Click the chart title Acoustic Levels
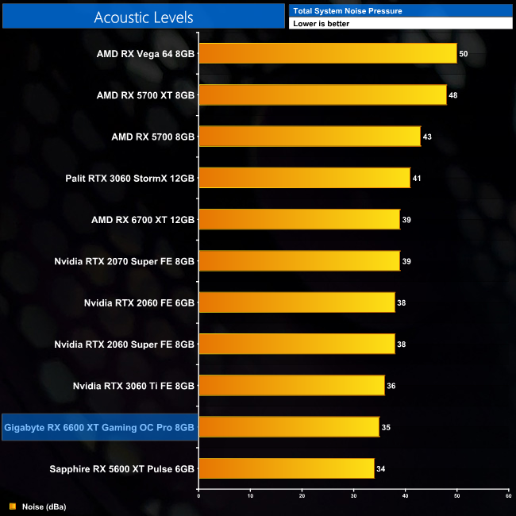144,17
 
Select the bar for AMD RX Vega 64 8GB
327,53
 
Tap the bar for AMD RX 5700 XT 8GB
322,94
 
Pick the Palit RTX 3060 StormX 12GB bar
304,177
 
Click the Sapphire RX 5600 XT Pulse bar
286,468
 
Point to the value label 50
464,53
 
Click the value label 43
427,137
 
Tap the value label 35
386,428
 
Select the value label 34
381,469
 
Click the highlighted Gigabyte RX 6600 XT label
99,428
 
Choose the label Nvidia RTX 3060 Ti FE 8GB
133,386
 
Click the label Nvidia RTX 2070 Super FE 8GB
125,260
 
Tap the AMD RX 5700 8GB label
153,137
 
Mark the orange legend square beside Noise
12,506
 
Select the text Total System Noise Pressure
347,10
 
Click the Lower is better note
321,24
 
